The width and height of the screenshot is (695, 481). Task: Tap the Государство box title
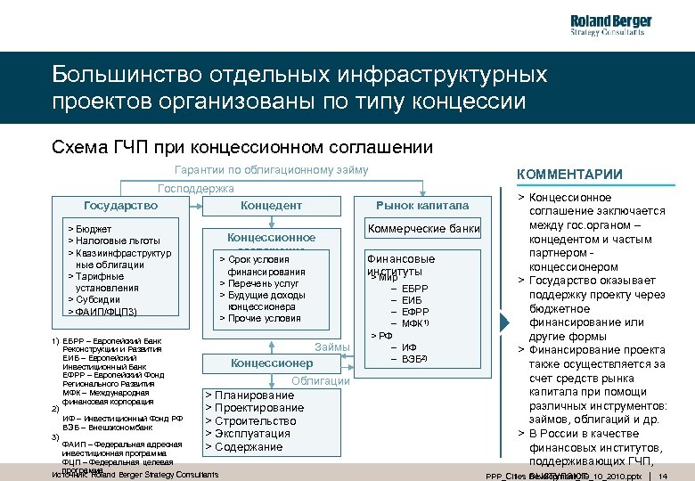click(x=120, y=205)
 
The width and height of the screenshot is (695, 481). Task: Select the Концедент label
click(x=272, y=205)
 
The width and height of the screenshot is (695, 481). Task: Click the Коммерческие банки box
click(x=424, y=230)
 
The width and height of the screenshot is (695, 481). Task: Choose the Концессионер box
click(x=272, y=363)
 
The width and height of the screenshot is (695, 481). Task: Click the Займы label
click(x=332, y=346)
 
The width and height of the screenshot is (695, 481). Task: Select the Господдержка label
click(x=195, y=188)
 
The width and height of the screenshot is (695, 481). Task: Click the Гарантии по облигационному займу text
click(x=272, y=170)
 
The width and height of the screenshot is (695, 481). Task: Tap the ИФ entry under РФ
click(x=409, y=346)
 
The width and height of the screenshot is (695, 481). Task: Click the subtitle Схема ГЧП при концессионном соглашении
click(x=242, y=147)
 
